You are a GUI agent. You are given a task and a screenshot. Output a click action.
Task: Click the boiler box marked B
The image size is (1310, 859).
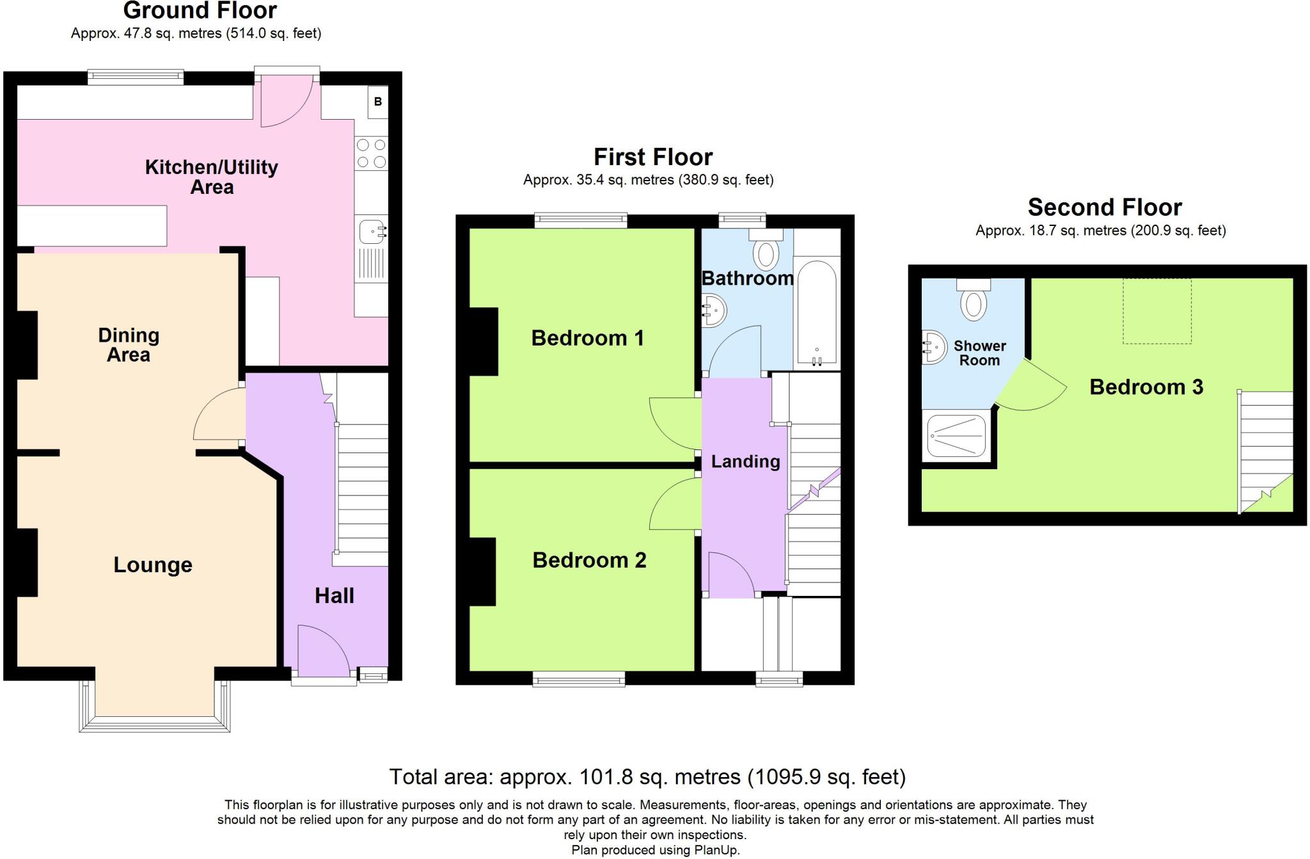coord(377,102)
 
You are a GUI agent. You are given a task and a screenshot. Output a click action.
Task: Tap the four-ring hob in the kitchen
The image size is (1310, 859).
coord(371,154)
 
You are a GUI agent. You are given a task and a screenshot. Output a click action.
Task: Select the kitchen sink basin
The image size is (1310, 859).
coord(372,231)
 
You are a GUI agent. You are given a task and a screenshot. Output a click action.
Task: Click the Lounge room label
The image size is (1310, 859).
coord(153,565)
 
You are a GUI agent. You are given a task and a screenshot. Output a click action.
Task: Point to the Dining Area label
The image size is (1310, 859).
coord(129,344)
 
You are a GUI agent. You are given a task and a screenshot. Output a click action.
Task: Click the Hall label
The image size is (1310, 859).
coord(334,596)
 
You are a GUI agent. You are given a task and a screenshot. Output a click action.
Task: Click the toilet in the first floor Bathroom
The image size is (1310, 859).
coord(766,252)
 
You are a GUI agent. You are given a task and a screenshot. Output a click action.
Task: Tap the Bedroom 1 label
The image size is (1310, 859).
coord(587,338)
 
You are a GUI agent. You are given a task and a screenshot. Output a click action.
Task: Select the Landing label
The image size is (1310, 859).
coord(745,462)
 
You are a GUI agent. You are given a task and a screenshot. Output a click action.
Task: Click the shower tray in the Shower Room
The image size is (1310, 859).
coord(957,435)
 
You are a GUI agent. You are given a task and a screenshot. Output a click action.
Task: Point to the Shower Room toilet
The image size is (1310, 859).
coord(974,301)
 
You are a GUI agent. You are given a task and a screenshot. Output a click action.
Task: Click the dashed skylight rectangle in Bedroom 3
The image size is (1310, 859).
coord(1157,311)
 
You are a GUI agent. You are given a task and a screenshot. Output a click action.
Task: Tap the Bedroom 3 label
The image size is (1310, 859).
coord(1146,387)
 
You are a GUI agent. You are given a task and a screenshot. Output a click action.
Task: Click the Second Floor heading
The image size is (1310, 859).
coord(1105,207)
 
